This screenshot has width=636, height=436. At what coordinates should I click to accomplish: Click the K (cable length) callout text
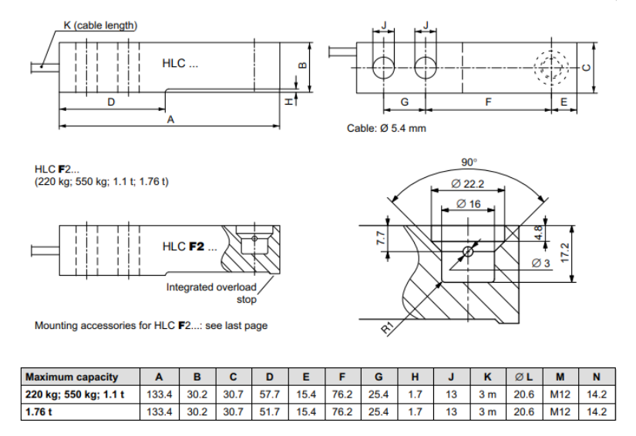pyautogui.click(x=99, y=25)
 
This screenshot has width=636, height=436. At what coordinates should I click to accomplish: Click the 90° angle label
pyautogui.click(x=469, y=163)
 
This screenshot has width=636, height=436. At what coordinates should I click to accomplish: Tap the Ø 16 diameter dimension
pyautogui.click(x=469, y=203)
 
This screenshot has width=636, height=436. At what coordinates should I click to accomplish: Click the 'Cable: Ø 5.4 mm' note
pyautogui.click(x=386, y=128)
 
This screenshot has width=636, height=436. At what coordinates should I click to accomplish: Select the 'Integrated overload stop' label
pyautogui.click(x=212, y=293)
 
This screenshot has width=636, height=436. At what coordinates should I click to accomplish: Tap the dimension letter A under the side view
pyautogui.click(x=170, y=120)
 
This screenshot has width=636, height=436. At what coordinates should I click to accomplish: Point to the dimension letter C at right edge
pyautogui.click(x=587, y=68)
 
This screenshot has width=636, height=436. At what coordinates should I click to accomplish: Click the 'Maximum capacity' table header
pyautogui.click(x=72, y=377)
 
